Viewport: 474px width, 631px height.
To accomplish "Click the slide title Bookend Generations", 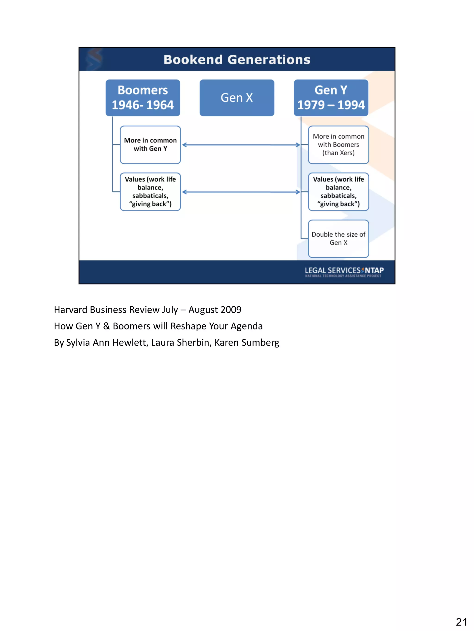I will pos(237,60).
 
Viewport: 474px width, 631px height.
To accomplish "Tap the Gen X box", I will pos(237,98).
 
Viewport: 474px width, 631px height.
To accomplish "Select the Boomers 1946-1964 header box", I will pos(143,98).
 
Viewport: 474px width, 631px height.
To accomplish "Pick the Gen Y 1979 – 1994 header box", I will pos(331,98).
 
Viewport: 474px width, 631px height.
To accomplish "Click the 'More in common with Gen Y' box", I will pos(150,145).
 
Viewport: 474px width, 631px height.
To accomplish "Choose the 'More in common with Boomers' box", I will pos(338,145).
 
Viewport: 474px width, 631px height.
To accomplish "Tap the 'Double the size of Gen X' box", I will pos(338,238).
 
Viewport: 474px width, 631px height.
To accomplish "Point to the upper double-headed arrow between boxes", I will pos(241,145).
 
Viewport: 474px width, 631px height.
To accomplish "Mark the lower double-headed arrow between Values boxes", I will pos(241,192).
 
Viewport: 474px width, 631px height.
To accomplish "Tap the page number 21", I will pos(461,622).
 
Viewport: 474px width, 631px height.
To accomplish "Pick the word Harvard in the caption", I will pos(71,310).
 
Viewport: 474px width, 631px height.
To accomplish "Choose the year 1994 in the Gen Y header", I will pos(351,105).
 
